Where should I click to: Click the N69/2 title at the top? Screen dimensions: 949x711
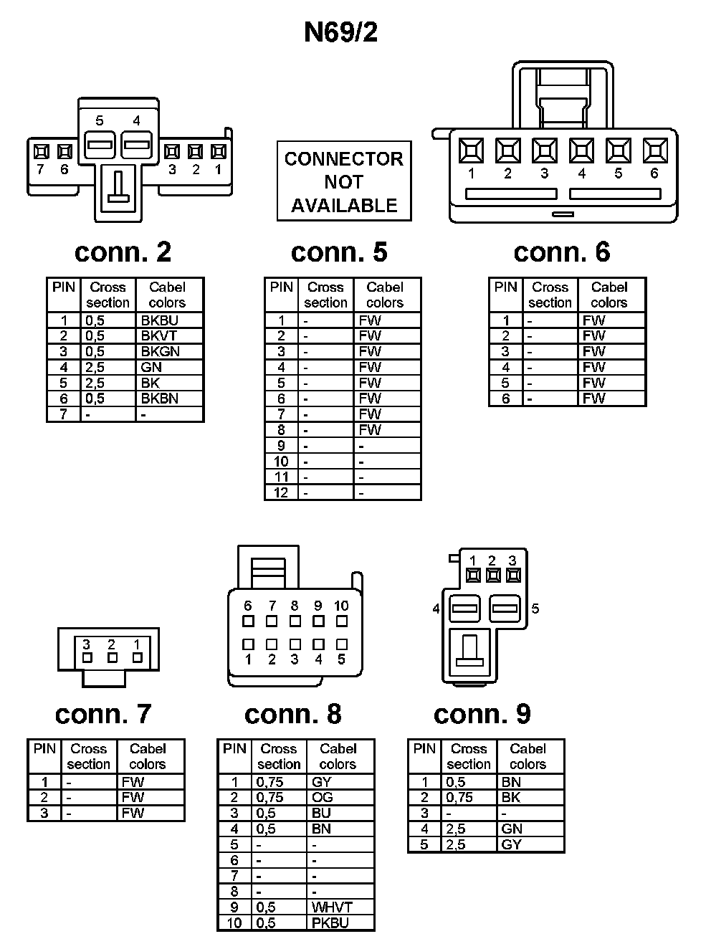(x=340, y=32)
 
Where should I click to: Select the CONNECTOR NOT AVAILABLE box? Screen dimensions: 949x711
(x=344, y=181)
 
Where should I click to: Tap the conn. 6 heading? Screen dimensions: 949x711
(x=562, y=252)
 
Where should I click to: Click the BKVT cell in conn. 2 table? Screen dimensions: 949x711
(x=169, y=335)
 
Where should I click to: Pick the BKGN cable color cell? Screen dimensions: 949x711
(x=169, y=351)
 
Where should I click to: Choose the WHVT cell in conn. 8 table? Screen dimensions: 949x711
(x=340, y=907)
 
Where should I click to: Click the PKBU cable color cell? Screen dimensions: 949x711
(x=340, y=922)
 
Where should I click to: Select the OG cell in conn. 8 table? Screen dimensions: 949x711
(x=340, y=797)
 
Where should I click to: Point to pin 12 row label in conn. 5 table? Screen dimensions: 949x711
(x=281, y=492)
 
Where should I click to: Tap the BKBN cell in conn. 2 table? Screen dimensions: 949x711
(x=169, y=399)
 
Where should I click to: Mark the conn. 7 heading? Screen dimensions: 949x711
(x=103, y=714)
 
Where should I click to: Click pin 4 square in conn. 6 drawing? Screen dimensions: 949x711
(x=581, y=151)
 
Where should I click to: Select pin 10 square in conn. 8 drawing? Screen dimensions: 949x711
(x=342, y=621)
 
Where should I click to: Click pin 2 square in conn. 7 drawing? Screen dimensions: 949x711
(x=112, y=657)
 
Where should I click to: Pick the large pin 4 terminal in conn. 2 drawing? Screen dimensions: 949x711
(x=136, y=145)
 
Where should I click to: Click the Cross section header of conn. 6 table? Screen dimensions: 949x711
(x=550, y=295)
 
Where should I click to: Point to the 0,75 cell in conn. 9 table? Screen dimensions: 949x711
(x=470, y=797)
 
